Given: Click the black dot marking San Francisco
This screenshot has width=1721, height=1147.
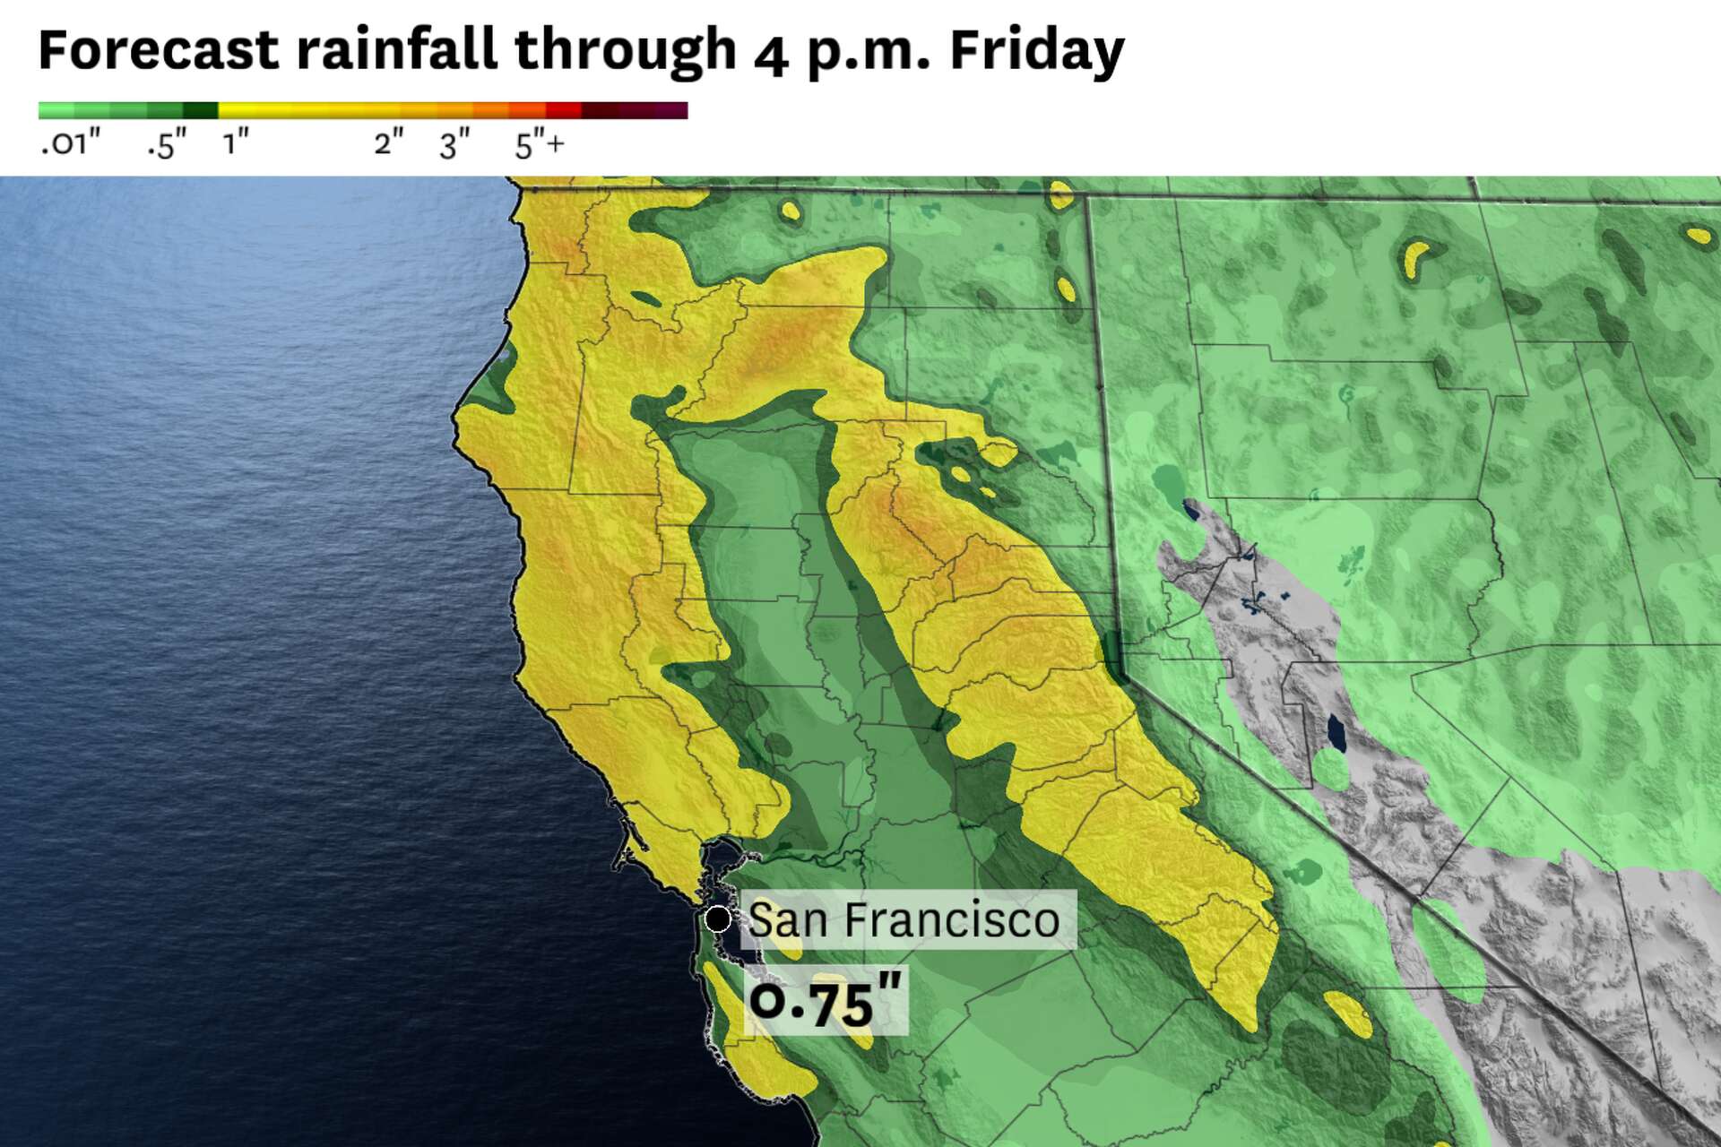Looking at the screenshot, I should coord(717,918).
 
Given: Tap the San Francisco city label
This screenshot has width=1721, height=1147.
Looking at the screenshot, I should coord(904,919).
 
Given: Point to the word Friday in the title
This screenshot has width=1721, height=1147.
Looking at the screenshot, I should coord(1036,51).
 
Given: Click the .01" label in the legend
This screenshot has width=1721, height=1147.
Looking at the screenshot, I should coord(71,143).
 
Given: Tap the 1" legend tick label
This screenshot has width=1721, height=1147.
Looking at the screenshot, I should coord(236,142).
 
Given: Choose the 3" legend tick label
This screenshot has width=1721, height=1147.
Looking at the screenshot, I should coord(454,143).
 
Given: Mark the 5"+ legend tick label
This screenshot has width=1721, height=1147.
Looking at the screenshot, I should coord(539,143).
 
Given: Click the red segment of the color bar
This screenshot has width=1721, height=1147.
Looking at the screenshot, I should coord(564,110).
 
